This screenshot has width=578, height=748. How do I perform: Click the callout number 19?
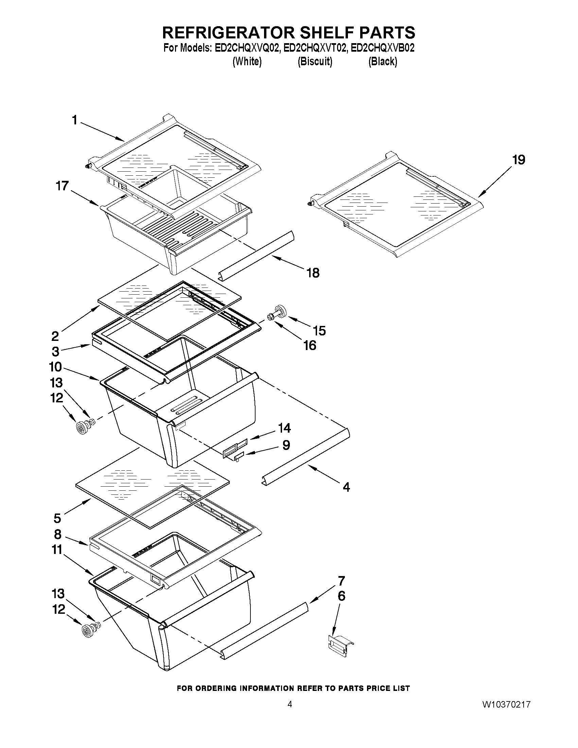click(x=519, y=160)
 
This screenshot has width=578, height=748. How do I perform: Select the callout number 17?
click(x=62, y=186)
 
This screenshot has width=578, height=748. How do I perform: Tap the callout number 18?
click(x=313, y=273)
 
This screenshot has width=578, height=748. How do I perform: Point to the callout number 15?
click(x=319, y=331)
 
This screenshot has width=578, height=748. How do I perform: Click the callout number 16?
click(x=310, y=345)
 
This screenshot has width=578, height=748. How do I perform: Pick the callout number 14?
click(x=284, y=428)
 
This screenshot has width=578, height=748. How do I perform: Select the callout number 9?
click(x=286, y=445)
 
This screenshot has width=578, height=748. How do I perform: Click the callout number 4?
click(x=346, y=487)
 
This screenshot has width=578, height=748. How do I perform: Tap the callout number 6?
click(x=341, y=596)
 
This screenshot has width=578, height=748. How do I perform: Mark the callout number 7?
click(x=341, y=581)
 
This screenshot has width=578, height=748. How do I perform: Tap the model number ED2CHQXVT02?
click(x=315, y=48)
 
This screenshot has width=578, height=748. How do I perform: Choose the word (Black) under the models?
click(x=383, y=62)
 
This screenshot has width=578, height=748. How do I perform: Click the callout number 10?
click(x=55, y=367)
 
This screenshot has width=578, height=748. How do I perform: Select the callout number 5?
click(x=57, y=518)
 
